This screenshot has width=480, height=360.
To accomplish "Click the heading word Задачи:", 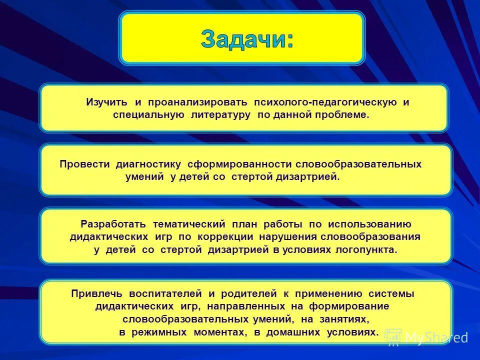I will [x=247, y=39].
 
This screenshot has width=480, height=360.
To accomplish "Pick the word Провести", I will [x=85, y=164].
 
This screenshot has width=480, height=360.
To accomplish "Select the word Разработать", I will [x=113, y=224].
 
